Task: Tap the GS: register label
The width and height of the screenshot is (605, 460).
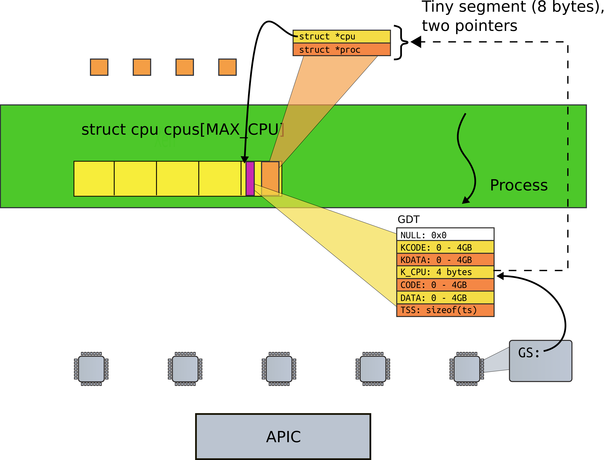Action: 529,353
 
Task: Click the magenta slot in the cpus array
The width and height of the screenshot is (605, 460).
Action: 250,179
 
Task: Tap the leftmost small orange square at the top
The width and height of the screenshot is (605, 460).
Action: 99,67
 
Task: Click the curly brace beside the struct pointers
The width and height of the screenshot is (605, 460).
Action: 401,42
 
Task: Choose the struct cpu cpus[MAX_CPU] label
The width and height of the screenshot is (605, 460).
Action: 182,129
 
